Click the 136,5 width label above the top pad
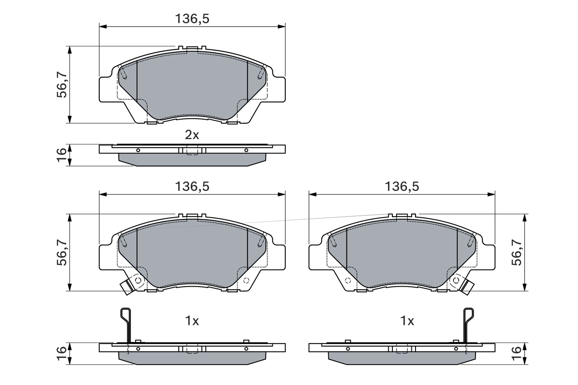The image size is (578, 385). click(x=192, y=19)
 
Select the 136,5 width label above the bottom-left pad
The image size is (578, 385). click(x=192, y=186)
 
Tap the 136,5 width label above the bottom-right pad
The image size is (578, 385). click(x=402, y=186)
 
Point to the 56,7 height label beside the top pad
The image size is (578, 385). click(x=62, y=84)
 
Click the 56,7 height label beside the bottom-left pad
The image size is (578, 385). click(x=62, y=252)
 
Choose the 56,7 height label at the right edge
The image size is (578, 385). click(x=517, y=252)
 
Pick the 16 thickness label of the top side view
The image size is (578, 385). click(x=62, y=155)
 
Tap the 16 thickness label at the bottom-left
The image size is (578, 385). click(x=62, y=354)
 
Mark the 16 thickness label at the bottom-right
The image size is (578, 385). click(x=517, y=354)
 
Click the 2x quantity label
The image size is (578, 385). click(x=192, y=135)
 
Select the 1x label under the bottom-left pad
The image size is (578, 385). click(x=192, y=321)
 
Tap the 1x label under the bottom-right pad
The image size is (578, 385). click(x=407, y=321)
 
